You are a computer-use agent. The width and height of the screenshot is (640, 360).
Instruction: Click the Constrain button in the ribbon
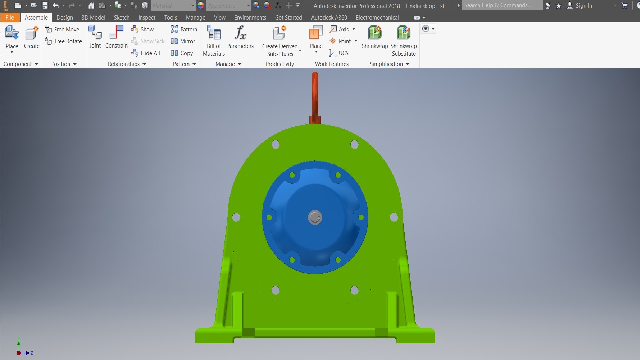coord(116,37)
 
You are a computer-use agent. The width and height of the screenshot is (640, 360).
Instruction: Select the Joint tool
coord(95,37)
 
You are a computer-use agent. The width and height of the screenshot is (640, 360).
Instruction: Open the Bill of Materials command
coord(214,40)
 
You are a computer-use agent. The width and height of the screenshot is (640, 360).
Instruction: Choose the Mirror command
coord(183,41)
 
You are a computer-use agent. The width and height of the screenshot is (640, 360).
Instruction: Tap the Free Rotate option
coord(64,41)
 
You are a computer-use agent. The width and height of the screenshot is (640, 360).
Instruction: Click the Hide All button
coord(146,53)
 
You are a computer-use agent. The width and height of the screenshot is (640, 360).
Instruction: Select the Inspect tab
coord(147,18)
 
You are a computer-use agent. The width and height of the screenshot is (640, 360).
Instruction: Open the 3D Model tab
coord(93,18)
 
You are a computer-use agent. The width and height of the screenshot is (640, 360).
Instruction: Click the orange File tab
coord(10,18)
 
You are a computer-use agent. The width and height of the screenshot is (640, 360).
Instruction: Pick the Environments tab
coord(250,18)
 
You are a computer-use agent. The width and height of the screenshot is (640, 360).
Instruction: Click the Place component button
coord(12,37)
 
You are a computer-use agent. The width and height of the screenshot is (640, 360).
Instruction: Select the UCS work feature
coord(339,53)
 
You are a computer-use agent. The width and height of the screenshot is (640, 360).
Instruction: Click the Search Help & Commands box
coord(502,5)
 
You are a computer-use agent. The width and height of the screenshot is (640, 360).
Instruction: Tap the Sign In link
coord(584,5)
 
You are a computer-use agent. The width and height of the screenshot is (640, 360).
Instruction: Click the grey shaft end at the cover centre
coord(315,217)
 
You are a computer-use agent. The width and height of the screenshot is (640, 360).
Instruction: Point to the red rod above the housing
coord(315,97)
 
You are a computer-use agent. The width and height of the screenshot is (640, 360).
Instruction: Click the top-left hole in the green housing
coord(276,145)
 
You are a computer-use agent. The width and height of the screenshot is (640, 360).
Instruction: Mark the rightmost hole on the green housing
coord(394,217)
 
